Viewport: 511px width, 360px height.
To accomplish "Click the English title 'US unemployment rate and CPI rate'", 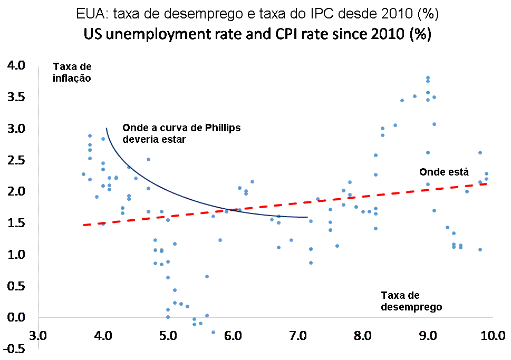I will (257, 35).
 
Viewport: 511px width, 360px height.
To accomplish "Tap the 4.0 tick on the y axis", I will (15, 66).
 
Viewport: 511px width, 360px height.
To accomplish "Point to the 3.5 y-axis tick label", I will (15, 98).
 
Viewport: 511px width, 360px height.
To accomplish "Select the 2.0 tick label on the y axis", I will (15, 191).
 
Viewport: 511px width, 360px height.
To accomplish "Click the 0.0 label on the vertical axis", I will (15, 317).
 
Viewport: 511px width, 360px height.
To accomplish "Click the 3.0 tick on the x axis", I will (38, 335).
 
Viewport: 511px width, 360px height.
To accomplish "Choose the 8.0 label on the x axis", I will (363, 335).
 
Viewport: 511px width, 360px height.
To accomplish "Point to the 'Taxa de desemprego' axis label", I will (411, 301).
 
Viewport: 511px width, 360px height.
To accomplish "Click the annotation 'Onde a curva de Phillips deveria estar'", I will (181, 133).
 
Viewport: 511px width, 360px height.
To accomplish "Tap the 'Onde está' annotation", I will (443, 172).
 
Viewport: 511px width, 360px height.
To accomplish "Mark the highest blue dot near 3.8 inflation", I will (428, 78).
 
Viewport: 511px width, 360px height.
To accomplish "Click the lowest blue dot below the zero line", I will (213, 333).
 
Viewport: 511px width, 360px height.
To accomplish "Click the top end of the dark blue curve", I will (107, 128).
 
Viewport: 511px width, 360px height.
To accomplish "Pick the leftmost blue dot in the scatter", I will (83, 174).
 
